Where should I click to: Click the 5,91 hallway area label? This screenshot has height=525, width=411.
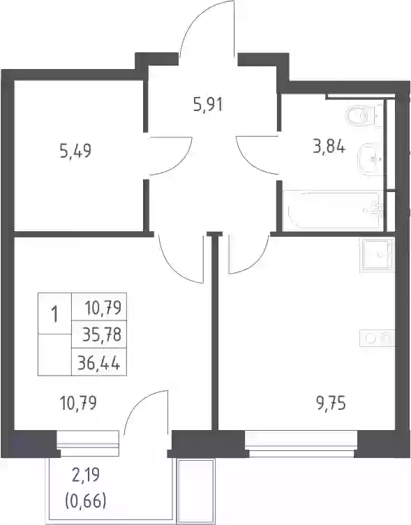tap(208, 105)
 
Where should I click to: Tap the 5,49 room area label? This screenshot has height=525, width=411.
tap(75, 151)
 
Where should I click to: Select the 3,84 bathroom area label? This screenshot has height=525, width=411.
tap(329, 147)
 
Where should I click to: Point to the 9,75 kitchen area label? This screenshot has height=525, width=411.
tap(330, 404)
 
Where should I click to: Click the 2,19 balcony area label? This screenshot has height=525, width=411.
tap(87, 475)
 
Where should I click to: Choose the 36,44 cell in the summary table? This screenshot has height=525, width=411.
tap(98, 362)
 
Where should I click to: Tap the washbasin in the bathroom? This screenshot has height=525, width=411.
tap(370, 159)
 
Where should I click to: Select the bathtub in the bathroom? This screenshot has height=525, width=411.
tap(333, 210)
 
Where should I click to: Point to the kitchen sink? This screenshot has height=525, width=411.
tap(378, 255)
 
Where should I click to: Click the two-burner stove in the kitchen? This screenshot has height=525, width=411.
tap(378, 338)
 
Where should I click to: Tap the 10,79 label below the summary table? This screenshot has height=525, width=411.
tap(78, 403)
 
